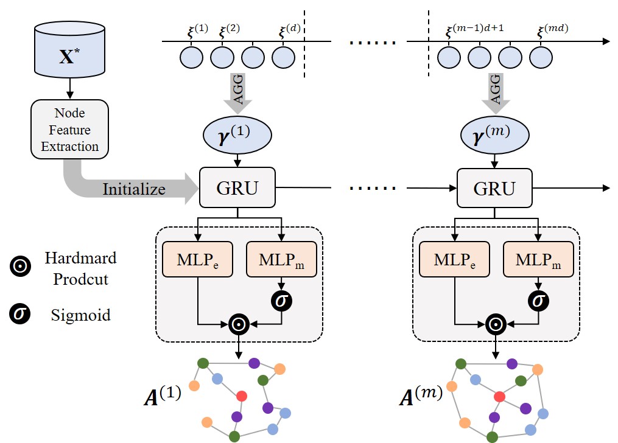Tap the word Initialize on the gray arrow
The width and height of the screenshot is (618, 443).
[x=134, y=189]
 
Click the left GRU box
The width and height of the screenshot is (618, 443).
[x=238, y=188]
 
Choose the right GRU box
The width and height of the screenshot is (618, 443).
[x=494, y=188]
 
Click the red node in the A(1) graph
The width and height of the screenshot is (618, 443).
[x=242, y=396]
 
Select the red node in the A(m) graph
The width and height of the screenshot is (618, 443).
[x=500, y=397]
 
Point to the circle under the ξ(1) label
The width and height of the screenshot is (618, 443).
[x=191, y=57]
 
